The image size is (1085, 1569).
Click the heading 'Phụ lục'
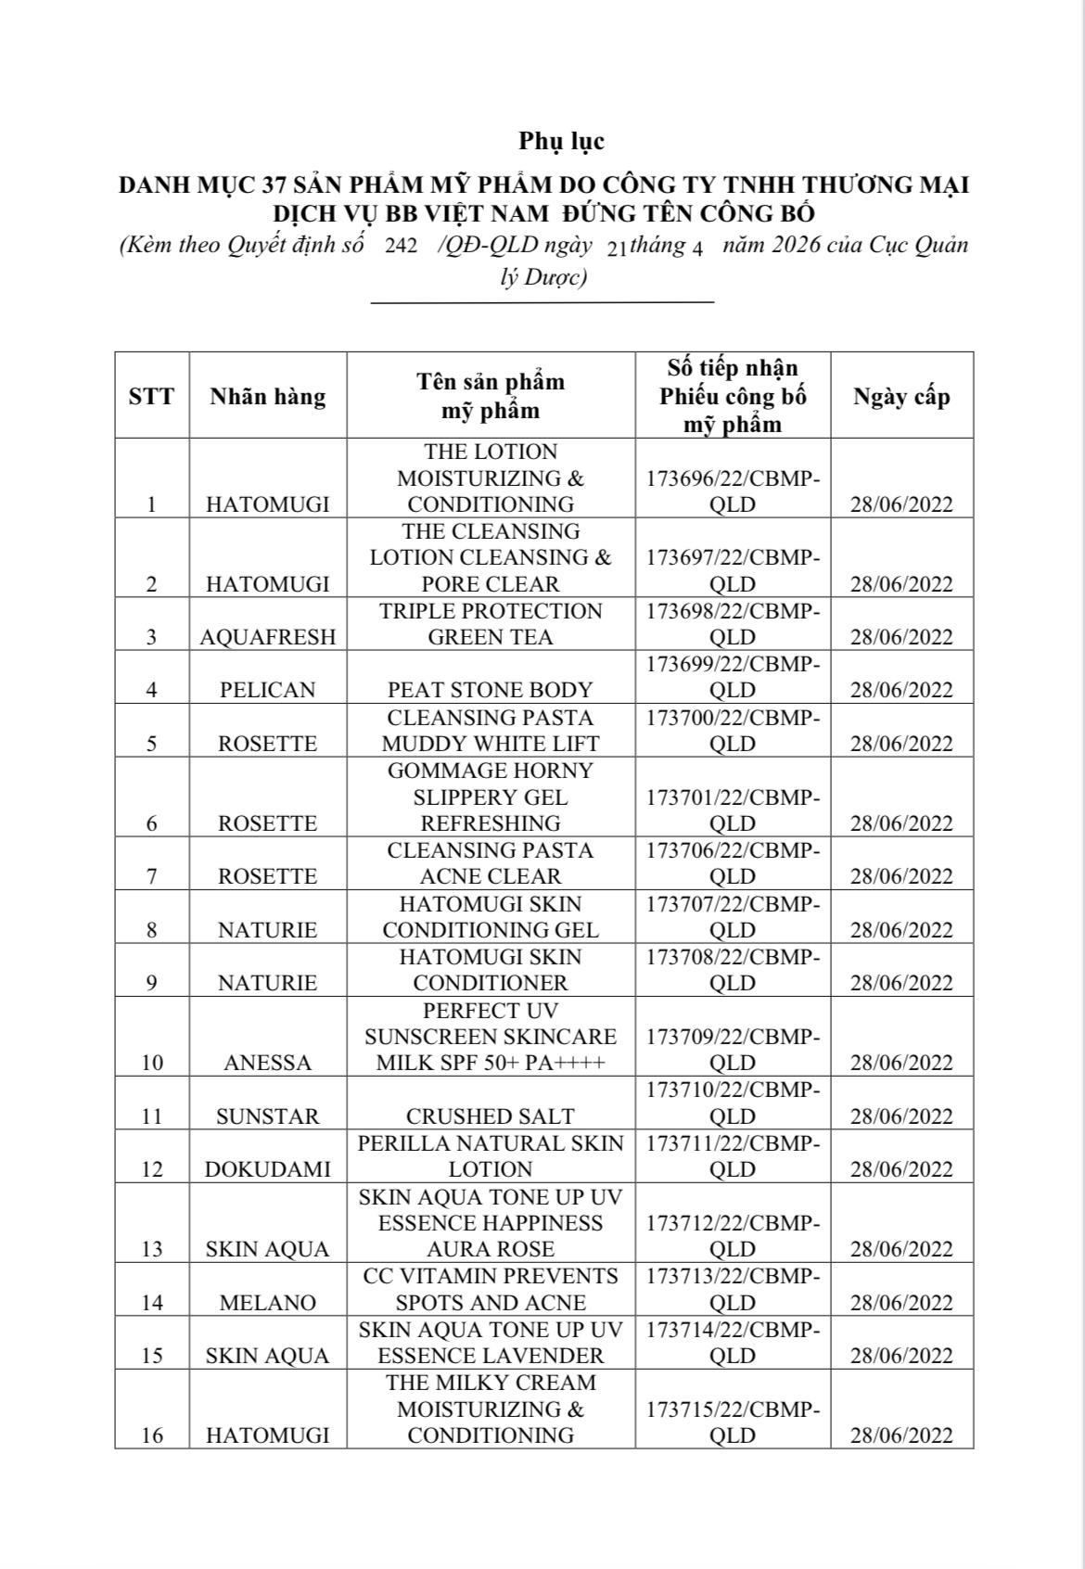point(561,141)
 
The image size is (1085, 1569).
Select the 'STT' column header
point(151,397)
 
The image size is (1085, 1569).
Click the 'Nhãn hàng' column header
point(267,397)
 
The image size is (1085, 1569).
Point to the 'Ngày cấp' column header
point(901,397)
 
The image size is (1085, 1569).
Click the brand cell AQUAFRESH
point(267,637)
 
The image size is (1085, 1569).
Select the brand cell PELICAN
point(267,690)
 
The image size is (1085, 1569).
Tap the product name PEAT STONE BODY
point(490,690)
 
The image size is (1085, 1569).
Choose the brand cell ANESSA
point(267,1063)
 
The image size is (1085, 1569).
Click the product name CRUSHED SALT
point(490,1116)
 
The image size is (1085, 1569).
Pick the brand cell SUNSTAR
point(267,1116)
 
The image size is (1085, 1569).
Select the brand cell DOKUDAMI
point(267,1169)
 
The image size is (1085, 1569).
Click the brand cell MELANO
point(267,1303)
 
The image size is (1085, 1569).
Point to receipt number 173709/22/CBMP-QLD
point(733,1050)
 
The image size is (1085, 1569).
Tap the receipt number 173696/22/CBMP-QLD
point(733,491)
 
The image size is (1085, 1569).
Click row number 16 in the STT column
point(152,1435)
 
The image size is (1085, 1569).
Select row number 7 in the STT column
point(152,876)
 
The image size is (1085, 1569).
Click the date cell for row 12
point(901,1169)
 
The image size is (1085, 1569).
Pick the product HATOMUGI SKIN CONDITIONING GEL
point(490,917)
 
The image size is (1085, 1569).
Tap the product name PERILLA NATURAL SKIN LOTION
point(490,1156)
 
